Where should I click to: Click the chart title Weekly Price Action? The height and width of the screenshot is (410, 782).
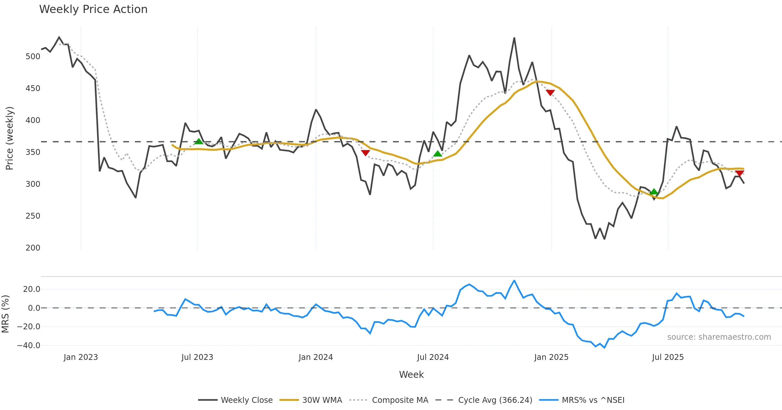pyautogui.click(x=93, y=9)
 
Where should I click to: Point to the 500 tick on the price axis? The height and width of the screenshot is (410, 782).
pyautogui.click(x=33, y=57)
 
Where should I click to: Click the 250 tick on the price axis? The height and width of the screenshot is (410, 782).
pyautogui.click(x=33, y=216)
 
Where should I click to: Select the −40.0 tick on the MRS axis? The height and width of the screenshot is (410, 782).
pyautogui.click(x=29, y=346)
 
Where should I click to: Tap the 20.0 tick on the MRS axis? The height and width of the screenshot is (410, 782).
pyautogui.click(x=32, y=289)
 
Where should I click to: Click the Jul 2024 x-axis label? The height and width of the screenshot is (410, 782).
pyautogui.click(x=433, y=357)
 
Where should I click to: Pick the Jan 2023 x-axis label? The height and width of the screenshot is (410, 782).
pyautogui.click(x=80, y=357)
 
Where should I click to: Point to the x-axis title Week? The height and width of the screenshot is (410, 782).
pyautogui.click(x=411, y=375)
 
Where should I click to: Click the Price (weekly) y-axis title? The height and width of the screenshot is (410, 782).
pyautogui.click(x=9, y=138)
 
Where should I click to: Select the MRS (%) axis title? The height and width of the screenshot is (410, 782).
pyautogui.click(x=5, y=314)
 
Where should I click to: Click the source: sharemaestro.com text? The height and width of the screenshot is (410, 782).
pyautogui.click(x=719, y=337)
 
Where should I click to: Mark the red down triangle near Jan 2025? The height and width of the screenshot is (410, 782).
pyautogui.click(x=550, y=93)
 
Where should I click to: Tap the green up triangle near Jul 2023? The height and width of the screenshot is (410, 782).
pyautogui.click(x=198, y=141)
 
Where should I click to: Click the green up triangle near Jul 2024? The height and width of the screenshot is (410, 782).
pyautogui.click(x=438, y=153)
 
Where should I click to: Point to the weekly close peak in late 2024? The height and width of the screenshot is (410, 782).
pyautogui.click(x=514, y=38)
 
